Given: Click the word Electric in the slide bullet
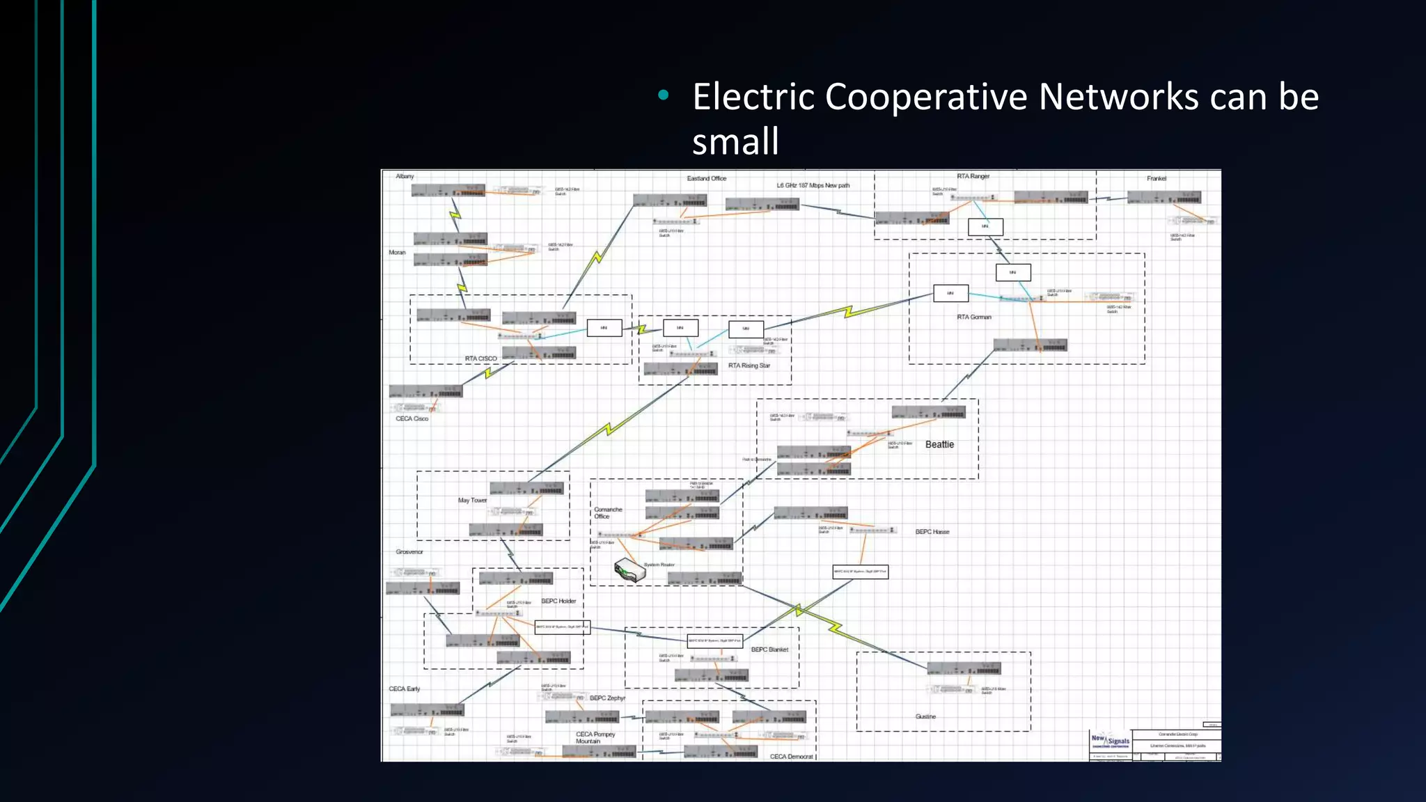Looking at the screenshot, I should pos(753,97).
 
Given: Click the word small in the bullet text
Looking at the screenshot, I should pos(735,142).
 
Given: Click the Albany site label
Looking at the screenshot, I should pos(405,176).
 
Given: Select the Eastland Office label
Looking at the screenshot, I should pos(706,178).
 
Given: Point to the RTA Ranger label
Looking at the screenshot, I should pos(973,176).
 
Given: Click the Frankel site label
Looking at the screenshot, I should pos(1157,178).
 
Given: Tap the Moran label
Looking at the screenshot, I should pos(397,252).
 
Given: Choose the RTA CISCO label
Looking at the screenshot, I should pos(481,359).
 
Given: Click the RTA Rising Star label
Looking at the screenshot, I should pos(749,365).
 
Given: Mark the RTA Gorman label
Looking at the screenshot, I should pos(974,317).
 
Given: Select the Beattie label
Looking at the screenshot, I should pos(939,444).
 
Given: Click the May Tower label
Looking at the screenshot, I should pos(472,500).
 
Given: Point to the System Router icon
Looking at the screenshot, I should pos(629,570).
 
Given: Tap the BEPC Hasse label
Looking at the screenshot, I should pos(932,532).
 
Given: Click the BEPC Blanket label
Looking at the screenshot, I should pos(769,650).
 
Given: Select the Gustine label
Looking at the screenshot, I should pos(925,716).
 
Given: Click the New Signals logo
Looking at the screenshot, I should pos(1110,741).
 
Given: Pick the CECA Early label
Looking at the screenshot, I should pos(404,689).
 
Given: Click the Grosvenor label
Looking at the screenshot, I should pos(409,551).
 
